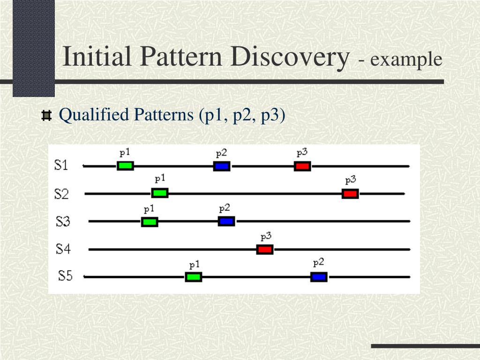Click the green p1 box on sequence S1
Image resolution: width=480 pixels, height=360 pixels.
[125, 165]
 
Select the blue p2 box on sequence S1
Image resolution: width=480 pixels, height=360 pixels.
[222, 166]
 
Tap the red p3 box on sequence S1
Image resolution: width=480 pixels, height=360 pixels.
[302, 166]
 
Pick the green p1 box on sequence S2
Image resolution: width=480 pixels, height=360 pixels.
[160, 193]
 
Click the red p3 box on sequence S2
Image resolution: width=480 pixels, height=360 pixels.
[350, 194]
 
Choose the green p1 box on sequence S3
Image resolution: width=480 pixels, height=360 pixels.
[150, 222]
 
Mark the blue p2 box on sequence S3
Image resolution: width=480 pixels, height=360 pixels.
[226, 221]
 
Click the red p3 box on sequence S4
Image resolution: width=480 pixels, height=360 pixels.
[265, 249]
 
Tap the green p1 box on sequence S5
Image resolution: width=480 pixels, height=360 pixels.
[194, 277]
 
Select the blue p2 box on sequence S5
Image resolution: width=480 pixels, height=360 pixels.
[319, 277]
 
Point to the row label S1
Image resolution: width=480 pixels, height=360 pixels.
[61, 165]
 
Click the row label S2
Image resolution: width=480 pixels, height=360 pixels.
[61, 194]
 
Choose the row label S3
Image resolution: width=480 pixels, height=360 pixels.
[62, 221]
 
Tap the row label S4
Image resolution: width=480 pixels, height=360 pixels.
[63, 248]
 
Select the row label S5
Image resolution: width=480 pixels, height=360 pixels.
[65, 276]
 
